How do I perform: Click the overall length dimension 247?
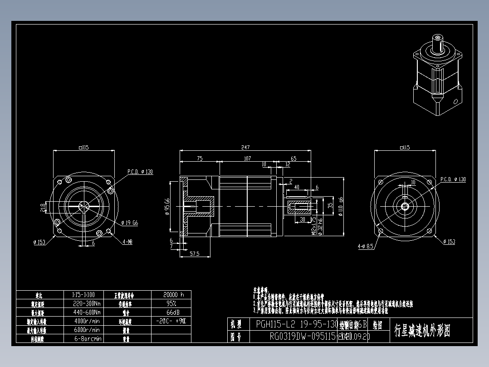(x=245, y=148)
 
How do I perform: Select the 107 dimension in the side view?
(x=247, y=159)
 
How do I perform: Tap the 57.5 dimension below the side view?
(x=195, y=254)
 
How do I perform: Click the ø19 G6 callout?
(x=130, y=223)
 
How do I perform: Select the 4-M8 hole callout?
(x=127, y=242)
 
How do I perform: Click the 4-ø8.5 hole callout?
(x=365, y=247)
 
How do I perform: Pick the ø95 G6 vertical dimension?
(x=167, y=207)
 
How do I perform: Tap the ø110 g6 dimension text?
(x=341, y=207)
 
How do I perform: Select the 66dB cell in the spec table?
(x=171, y=312)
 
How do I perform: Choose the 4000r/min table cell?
(x=87, y=321)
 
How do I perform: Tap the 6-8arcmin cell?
(x=87, y=338)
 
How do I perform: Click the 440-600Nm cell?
(x=87, y=312)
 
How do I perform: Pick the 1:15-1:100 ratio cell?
(x=87, y=294)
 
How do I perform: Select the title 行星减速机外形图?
(x=422, y=331)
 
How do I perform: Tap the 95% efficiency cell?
(x=171, y=303)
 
